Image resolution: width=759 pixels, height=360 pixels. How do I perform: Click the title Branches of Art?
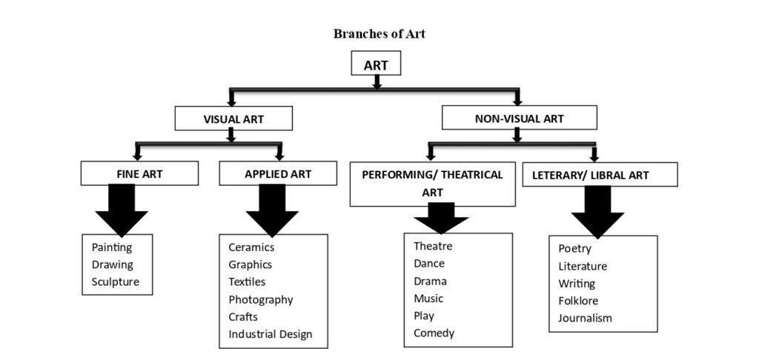(379, 34)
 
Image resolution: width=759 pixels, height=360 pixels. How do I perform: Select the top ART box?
(376, 63)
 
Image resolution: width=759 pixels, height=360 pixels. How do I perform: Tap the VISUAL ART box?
(233, 119)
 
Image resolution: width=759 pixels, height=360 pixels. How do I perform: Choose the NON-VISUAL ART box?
(520, 118)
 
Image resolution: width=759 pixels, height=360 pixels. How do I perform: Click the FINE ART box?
(139, 173)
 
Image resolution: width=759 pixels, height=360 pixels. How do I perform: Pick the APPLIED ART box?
(278, 173)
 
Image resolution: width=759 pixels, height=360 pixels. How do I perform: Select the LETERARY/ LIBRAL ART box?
(600, 174)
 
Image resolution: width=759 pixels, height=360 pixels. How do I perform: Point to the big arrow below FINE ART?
(122, 210)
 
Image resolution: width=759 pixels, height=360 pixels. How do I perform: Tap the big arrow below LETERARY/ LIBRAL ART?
(598, 212)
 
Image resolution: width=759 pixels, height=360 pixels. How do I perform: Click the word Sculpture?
(115, 281)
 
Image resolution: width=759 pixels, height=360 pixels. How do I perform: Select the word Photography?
(261, 300)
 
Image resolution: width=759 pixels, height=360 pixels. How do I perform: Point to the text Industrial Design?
(271, 334)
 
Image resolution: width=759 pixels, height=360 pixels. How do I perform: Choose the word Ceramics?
(251, 247)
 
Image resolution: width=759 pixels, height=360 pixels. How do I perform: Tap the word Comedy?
(434, 333)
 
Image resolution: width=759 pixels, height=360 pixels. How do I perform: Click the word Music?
(428, 298)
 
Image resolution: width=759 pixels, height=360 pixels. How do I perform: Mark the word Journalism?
(585, 318)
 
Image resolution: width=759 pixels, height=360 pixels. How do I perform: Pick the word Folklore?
(578, 301)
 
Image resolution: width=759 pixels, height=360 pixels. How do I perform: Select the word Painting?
(112, 247)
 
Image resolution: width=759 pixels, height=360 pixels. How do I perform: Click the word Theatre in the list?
(433, 246)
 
